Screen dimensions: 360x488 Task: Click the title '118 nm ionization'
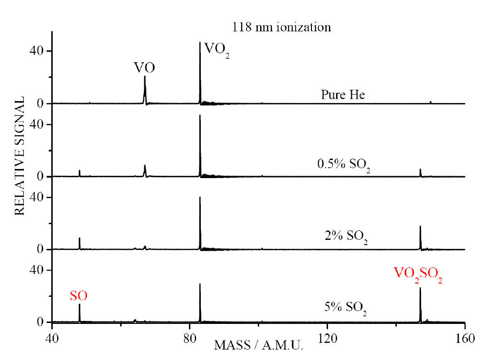click(x=281, y=28)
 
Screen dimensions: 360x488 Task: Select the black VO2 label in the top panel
click(x=214, y=49)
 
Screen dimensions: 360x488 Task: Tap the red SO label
click(x=79, y=296)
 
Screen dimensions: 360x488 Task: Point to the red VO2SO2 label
click(x=418, y=274)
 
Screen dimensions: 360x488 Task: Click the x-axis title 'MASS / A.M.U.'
click(x=259, y=345)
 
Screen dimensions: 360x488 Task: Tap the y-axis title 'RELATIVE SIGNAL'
click(x=19, y=156)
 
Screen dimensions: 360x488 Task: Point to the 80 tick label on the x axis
click(x=190, y=338)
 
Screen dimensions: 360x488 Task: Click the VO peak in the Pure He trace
click(x=145, y=88)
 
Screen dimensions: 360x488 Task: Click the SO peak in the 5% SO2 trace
click(x=79, y=313)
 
